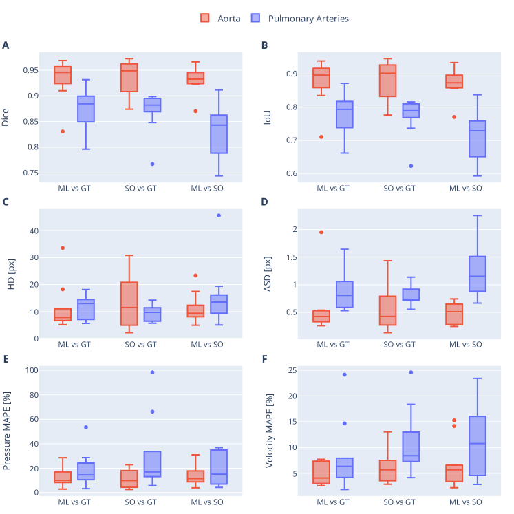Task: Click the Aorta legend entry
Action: [220, 19]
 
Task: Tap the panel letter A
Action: [6, 46]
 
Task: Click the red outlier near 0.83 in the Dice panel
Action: [63, 131]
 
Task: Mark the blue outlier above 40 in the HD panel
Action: [219, 215]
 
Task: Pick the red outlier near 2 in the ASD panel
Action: [321, 232]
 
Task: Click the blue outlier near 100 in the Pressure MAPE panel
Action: [152, 372]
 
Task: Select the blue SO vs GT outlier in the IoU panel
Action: [411, 166]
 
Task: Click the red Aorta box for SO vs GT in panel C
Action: [129, 303]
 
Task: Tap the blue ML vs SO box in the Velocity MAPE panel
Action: [478, 445]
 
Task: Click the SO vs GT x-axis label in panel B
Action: [400, 188]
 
